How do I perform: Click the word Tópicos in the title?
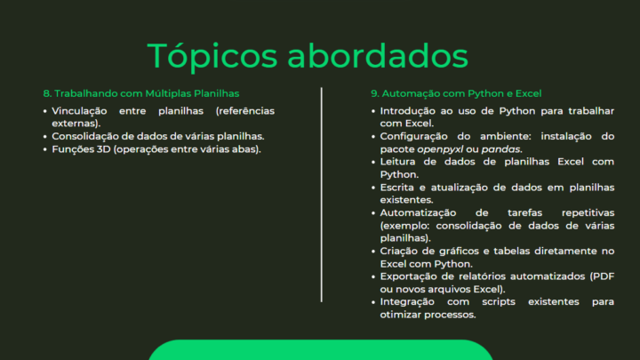(x=212, y=57)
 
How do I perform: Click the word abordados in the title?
(x=378, y=55)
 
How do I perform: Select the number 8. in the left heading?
(x=47, y=93)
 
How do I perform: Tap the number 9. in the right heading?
(x=375, y=93)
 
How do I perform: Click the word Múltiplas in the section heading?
(x=168, y=93)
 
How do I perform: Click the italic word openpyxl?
(x=440, y=149)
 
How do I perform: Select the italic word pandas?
(x=501, y=149)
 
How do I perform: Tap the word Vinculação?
(x=79, y=111)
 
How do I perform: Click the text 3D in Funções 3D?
(x=104, y=149)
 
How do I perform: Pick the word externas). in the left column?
(x=76, y=124)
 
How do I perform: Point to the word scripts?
(x=499, y=302)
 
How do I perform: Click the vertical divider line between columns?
(x=322, y=195)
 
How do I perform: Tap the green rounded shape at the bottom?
(x=321, y=350)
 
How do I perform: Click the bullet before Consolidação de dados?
(x=45, y=137)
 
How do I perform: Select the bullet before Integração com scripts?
(x=373, y=302)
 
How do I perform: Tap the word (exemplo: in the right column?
(x=405, y=226)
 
